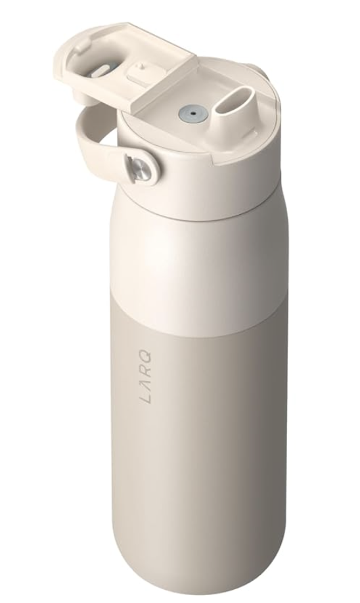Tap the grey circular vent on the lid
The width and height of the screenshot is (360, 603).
click(189, 113)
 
